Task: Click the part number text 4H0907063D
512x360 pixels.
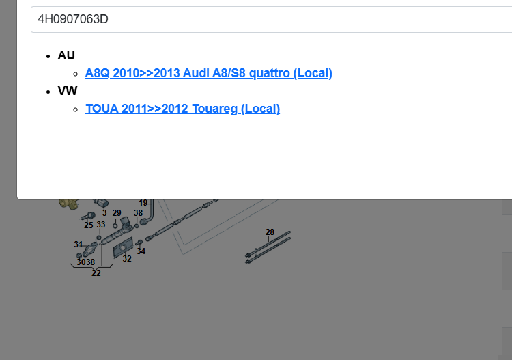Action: [73, 19]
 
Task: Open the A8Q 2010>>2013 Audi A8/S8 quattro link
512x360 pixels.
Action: [208, 73]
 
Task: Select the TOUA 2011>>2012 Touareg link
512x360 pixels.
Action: [182, 109]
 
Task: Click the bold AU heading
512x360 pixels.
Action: [66, 55]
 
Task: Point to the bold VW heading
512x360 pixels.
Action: [68, 91]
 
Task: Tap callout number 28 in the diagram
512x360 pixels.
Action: [270, 232]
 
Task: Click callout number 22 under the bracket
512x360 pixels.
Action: [96, 273]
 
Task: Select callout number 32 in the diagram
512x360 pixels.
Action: [127, 259]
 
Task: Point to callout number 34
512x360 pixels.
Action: [141, 251]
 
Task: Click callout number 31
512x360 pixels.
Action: [78, 245]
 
